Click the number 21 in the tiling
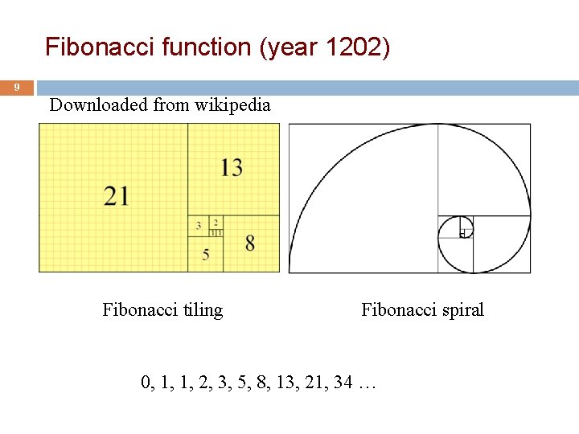[x=116, y=195]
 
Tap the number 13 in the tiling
[x=232, y=167]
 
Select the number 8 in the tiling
[x=250, y=242]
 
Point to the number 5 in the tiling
[x=206, y=255]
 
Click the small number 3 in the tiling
[x=199, y=226]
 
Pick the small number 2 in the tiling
[x=216, y=222]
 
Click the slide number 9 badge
[x=17, y=87]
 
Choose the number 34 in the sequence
[x=343, y=383]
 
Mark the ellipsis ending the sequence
[x=368, y=384]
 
